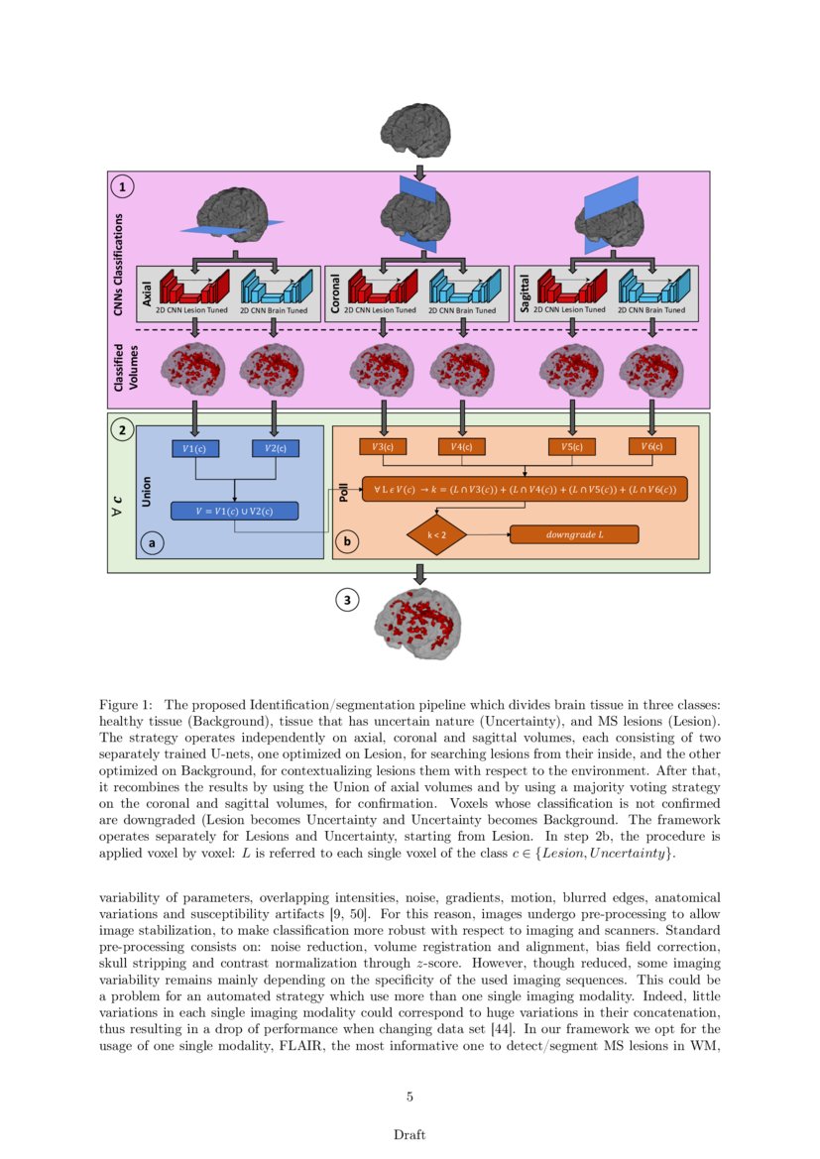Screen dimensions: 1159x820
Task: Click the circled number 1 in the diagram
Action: click(123, 185)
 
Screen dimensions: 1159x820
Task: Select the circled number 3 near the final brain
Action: click(347, 600)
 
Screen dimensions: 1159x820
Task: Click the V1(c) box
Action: click(195, 448)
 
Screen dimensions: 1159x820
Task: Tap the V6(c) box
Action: click(651, 446)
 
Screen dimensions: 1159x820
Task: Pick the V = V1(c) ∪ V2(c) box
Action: click(234, 512)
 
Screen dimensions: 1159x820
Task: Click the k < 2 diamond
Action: click(436, 534)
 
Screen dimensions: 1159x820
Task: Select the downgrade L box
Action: click(574, 534)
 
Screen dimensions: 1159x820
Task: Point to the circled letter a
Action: click(151, 542)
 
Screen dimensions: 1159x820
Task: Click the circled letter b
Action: click(347, 542)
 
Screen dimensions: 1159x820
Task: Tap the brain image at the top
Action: click(417, 133)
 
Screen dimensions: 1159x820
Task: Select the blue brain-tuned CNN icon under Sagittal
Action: click(652, 287)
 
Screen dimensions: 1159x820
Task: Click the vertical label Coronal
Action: click(335, 294)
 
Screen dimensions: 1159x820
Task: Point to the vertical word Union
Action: click(147, 490)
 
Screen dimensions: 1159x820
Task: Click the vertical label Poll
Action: click(343, 491)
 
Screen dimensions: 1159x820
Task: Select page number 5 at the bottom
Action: click(410, 1097)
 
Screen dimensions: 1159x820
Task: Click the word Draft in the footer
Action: click(410, 1134)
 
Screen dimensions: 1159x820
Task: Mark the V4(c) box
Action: click(461, 447)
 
